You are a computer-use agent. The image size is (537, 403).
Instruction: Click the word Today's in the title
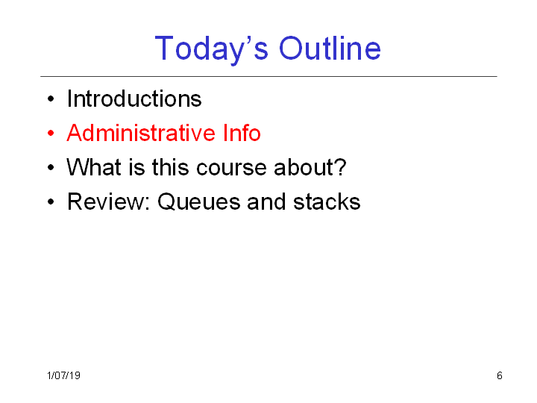211,49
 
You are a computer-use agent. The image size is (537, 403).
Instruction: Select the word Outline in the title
330,49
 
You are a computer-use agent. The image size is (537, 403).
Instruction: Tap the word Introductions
134,99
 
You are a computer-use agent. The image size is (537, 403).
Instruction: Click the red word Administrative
141,133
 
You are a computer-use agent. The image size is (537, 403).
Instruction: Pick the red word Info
242,133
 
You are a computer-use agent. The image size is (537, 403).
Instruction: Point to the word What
94,167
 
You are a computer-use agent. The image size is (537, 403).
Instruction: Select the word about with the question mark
310,167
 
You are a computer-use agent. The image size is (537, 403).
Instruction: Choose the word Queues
199,201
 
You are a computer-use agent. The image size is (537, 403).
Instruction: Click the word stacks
327,201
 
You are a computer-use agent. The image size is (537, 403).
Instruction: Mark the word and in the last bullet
266,201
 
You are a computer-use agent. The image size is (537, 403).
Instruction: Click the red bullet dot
51,133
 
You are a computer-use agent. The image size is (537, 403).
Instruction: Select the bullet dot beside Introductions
51,99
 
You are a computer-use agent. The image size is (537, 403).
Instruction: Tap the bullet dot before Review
51,201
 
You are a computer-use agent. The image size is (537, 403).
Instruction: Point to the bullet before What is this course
51,168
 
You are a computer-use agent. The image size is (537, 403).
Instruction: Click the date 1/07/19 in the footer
63,375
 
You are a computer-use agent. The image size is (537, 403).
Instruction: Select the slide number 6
500,375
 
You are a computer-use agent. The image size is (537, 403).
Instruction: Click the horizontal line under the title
268,76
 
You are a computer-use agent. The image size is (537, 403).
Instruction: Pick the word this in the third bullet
171,167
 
